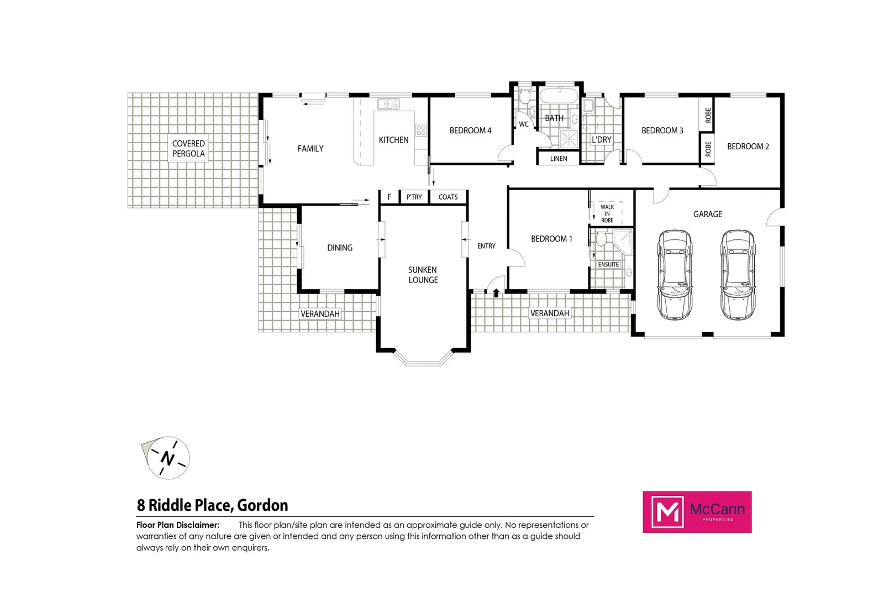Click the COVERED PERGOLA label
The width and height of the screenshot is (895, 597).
coord(188,149)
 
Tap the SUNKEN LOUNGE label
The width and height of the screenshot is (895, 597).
coord(423,275)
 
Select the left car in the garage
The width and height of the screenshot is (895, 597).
coord(675,275)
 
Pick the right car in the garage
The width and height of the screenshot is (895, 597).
coord(738,275)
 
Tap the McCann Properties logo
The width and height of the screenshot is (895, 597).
coord(697,512)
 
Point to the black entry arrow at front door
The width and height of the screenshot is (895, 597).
coord(496,293)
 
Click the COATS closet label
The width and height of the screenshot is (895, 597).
coord(448,197)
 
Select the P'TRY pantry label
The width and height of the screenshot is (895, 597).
coord(414,197)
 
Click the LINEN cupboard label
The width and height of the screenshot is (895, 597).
coord(559,159)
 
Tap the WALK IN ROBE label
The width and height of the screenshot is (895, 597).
coord(607,213)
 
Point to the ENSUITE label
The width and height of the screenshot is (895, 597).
coord(608,264)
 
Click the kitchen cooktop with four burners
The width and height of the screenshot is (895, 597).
coord(421,130)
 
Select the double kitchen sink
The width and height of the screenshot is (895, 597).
coord(388,104)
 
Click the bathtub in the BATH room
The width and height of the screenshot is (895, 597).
coord(559,96)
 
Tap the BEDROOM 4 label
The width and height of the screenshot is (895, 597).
coord(470,130)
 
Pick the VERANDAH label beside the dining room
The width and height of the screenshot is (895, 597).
coord(320,313)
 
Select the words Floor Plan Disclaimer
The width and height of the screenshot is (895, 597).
coord(178,525)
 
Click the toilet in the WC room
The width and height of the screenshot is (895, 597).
coord(524,98)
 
